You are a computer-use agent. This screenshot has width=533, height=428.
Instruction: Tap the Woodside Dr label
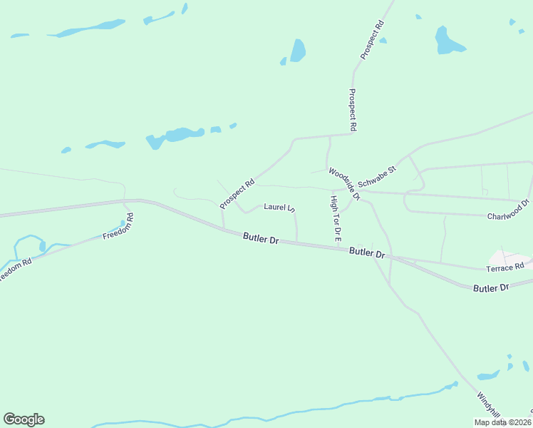345,183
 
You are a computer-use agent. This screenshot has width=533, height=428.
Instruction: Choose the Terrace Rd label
504,265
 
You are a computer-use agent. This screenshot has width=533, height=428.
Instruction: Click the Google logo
24,419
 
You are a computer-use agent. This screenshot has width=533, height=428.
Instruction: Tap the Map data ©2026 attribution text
502,422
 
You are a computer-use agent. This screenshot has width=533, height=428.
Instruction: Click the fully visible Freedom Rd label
119,228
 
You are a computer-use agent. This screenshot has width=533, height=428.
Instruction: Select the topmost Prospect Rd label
372,39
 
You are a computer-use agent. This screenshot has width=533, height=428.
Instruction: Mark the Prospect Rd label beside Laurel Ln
237,193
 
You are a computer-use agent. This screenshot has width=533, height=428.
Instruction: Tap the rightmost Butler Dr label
492,287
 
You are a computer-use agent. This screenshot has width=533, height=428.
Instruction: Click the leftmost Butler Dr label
261,238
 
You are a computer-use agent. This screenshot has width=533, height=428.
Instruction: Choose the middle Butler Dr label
367,253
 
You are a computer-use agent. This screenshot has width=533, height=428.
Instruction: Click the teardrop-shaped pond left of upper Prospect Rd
298,50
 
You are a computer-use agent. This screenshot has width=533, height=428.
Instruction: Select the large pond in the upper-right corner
447,41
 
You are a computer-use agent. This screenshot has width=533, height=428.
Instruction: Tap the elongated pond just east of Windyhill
488,375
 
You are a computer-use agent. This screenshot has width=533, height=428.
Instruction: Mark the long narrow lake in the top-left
86,30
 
